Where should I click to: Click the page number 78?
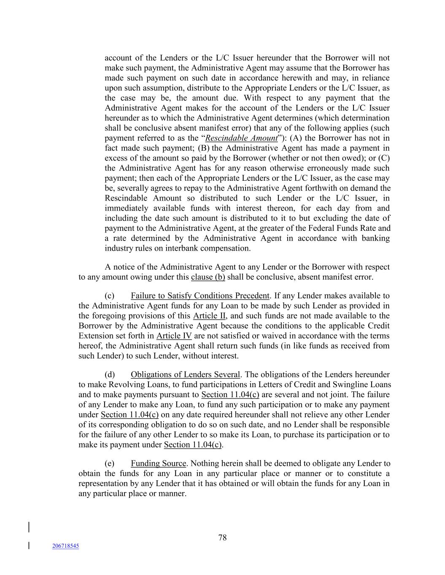[x=222, y=538]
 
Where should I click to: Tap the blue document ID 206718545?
[x=65, y=546]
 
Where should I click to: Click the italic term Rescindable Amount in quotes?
[x=241, y=138]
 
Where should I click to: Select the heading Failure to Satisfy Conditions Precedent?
[x=200, y=296]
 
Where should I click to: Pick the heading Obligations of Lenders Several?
[x=185, y=374]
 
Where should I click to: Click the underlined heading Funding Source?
[x=158, y=463]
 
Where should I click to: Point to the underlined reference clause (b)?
[x=208, y=277]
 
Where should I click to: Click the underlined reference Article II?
[x=210, y=316]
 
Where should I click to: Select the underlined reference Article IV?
[x=174, y=336]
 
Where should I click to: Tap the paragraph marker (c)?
[x=110, y=296]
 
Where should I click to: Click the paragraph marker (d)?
[x=110, y=374]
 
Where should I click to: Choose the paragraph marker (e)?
[x=110, y=463]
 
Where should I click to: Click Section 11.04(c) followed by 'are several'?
[x=230, y=395]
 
